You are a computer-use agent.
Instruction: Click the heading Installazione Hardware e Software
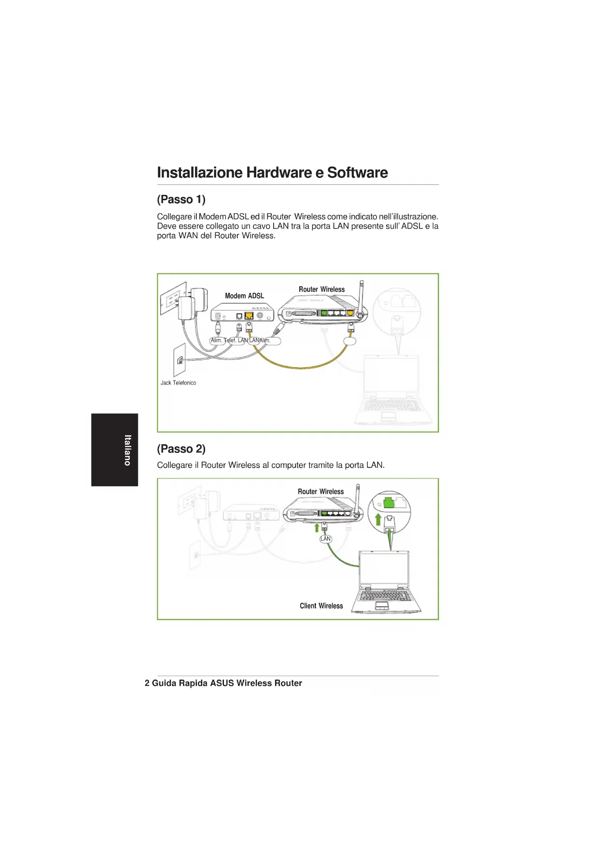click(x=272, y=173)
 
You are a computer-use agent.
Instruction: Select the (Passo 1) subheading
click(x=181, y=199)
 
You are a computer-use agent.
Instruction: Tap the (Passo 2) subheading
click(x=181, y=449)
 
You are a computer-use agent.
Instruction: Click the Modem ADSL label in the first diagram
click(x=244, y=296)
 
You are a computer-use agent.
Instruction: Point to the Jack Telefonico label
click(x=178, y=383)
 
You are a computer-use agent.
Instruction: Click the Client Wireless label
click(x=321, y=606)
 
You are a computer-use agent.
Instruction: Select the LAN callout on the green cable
click(x=326, y=539)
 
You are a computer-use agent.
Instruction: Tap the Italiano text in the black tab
click(x=127, y=450)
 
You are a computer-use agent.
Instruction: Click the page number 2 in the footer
click(x=147, y=683)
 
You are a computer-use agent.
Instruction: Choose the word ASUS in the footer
click(x=222, y=683)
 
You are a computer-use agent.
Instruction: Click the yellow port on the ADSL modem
click(x=249, y=316)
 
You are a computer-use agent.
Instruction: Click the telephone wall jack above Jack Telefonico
click(x=180, y=360)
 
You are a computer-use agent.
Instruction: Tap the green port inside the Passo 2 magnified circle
click(x=388, y=502)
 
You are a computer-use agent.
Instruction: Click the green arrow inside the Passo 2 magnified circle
click(x=378, y=519)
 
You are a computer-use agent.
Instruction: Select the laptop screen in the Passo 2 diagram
click(x=384, y=567)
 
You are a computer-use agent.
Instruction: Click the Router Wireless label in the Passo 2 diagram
click(x=320, y=491)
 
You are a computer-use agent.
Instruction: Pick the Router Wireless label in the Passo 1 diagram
click(x=321, y=289)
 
